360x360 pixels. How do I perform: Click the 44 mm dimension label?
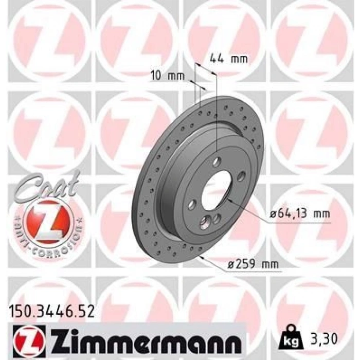[x=229, y=59]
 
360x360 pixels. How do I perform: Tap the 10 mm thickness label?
[x=168, y=76]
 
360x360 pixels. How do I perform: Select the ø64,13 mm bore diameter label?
[x=300, y=214]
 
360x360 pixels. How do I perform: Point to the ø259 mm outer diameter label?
[x=253, y=264]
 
